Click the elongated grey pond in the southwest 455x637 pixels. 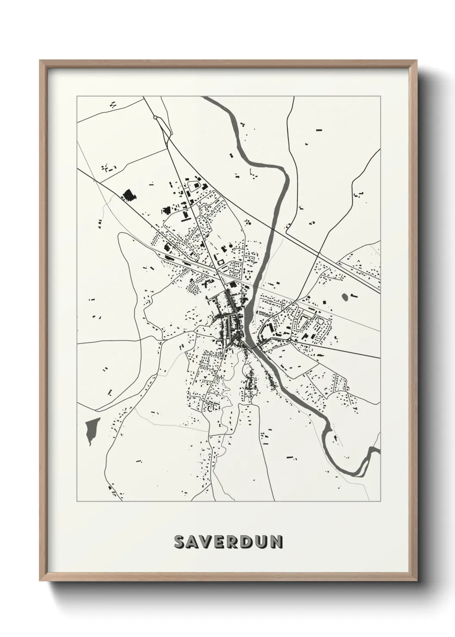click(92, 430)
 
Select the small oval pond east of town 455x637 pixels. click(345, 297)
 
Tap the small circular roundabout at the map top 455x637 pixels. click(155, 117)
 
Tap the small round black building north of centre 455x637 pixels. click(231, 246)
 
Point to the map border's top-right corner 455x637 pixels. click(380, 96)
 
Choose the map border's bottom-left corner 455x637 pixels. click(77, 501)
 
